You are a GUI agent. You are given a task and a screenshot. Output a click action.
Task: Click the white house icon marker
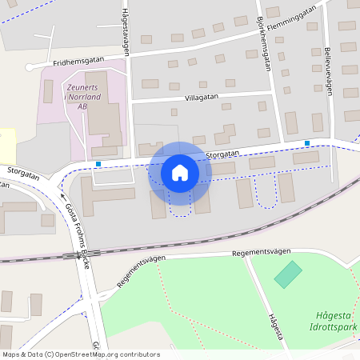179,172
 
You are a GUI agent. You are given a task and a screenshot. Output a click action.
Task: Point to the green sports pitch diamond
288,274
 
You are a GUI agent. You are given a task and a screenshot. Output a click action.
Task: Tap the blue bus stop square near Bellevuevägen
307,143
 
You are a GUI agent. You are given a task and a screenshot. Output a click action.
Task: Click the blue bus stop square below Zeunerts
98,164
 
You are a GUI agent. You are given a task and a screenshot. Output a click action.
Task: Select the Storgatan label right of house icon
222,153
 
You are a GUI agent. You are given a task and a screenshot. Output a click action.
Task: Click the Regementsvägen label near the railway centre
262,252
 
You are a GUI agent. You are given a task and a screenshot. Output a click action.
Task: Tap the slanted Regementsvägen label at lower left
141,270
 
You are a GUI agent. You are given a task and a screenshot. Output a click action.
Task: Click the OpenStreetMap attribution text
80,354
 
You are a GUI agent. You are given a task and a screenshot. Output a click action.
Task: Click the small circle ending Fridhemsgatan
30,68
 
